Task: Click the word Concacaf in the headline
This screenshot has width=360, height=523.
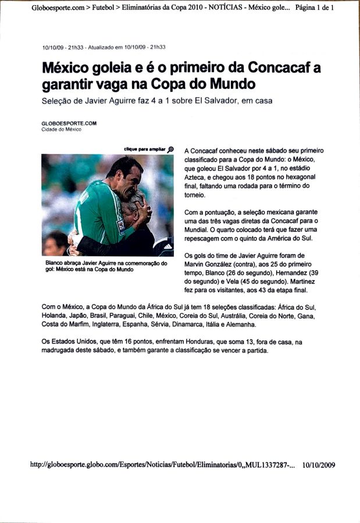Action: tap(277, 69)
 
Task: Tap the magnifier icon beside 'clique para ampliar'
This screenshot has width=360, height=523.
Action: tap(170, 149)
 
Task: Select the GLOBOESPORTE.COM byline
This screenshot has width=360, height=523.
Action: tap(69, 123)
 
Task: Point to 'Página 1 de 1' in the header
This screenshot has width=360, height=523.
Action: tap(315, 8)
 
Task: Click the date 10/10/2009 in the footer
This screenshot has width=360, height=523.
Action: tap(319, 464)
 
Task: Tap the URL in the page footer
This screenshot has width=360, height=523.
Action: tap(162, 464)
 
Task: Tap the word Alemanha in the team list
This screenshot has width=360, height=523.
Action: tap(240, 324)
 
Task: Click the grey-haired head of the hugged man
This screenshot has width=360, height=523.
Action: tap(134, 200)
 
